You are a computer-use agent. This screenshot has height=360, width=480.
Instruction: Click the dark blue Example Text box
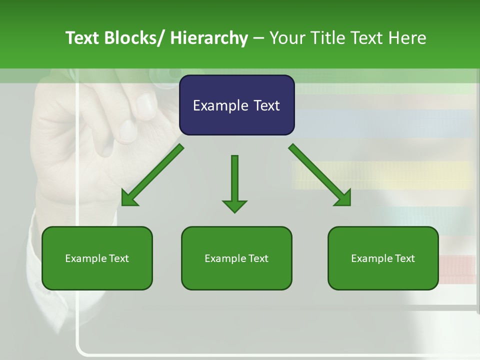tap(236, 105)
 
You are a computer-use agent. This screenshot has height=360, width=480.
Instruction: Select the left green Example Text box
tap(97, 258)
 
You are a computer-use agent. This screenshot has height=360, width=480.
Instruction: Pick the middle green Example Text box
tap(236, 258)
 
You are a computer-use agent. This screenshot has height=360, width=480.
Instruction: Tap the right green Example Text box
tap(383, 258)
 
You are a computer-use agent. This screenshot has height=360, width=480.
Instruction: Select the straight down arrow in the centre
tap(234, 180)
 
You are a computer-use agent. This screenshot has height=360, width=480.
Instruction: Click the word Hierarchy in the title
tap(209, 38)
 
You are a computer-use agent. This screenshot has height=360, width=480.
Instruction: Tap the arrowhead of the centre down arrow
tap(234, 206)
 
